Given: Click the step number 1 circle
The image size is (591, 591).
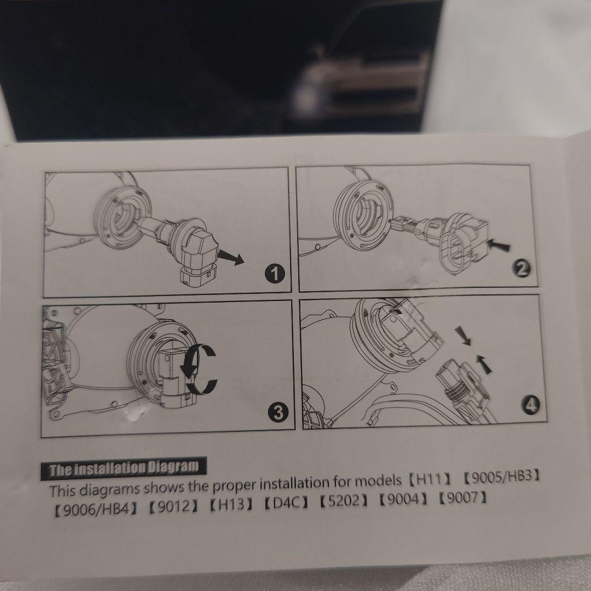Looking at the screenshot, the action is click(x=274, y=273).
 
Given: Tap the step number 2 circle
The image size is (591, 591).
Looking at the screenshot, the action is click(x=522, y=269).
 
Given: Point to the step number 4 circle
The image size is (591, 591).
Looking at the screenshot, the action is click(x=530, y=405).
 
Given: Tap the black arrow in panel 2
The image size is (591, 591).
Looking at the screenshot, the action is click(x=498, y=245).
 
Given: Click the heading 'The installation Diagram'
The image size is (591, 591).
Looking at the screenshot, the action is click(x=124, y=468).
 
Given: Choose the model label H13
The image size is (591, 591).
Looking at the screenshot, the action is click(x=231, y=504).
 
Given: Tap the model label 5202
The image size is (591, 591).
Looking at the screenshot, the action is click(x=343, y=501).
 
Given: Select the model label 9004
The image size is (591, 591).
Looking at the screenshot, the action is click(x=403, y=499).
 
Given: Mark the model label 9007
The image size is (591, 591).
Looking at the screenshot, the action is click(x=462, y=498).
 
